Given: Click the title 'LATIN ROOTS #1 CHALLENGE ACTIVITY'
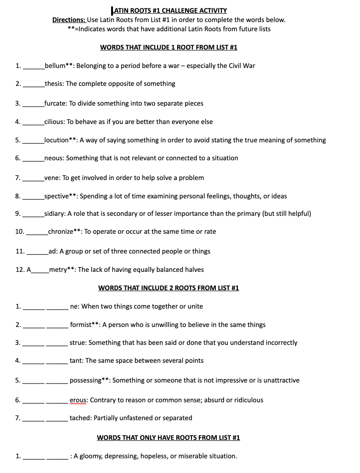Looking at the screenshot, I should point(169,11).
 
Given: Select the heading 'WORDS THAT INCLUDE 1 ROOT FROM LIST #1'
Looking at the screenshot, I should point(169,47).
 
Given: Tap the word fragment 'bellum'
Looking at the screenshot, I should point(55,66).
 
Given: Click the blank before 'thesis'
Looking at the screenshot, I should point(34,84).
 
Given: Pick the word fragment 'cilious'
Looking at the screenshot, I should point(54,122).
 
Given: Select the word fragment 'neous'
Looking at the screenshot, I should point(54,158).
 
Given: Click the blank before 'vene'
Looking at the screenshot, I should point(34,178).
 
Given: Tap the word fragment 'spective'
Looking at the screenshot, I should point(56,196).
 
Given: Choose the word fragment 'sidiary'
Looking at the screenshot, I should point(55,214).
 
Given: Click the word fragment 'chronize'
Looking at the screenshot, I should point(61,231).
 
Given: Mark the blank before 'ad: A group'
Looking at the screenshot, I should point(37,252).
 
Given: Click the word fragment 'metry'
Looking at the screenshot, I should point(58,270).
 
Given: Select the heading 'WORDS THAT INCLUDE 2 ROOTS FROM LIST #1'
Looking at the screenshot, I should point(169,288).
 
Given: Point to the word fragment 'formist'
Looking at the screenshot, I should point(80,325).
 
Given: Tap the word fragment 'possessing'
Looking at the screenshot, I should point(85,380).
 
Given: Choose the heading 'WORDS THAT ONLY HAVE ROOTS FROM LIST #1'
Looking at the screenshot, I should point(169,438).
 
